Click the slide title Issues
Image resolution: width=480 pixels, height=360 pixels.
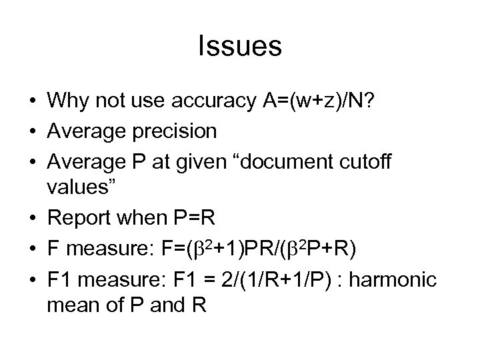click(240, 47)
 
